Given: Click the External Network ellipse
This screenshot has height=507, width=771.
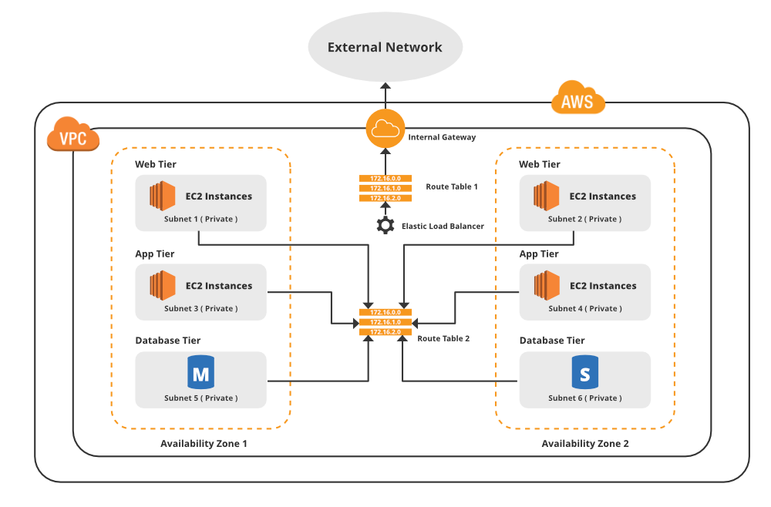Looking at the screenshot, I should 385,47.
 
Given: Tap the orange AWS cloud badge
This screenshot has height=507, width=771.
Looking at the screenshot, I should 577,100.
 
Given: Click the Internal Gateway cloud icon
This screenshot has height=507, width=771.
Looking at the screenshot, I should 385,129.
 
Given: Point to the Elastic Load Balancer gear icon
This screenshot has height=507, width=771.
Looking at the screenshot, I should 385,226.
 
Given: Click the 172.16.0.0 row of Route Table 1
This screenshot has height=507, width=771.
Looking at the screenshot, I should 385,179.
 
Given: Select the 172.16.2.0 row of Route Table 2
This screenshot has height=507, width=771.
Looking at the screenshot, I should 385,331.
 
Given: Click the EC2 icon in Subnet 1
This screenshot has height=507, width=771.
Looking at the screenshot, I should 162,196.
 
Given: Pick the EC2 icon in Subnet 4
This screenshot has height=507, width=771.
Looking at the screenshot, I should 546,286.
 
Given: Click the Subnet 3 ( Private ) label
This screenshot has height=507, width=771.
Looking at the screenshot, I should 200,308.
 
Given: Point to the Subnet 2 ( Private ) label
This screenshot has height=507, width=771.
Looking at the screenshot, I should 584,219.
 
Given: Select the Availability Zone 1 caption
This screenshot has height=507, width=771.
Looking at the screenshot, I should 204,444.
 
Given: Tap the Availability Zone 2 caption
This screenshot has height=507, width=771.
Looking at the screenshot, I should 584,444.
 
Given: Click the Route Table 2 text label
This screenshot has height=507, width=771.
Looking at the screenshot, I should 443,338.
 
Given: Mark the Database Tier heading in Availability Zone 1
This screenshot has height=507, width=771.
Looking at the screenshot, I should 167,341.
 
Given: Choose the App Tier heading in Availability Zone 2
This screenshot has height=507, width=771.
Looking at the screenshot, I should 539,254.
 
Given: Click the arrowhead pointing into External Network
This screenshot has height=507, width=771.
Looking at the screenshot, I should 385,86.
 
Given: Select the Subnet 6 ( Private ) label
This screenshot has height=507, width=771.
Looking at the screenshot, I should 584,398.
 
